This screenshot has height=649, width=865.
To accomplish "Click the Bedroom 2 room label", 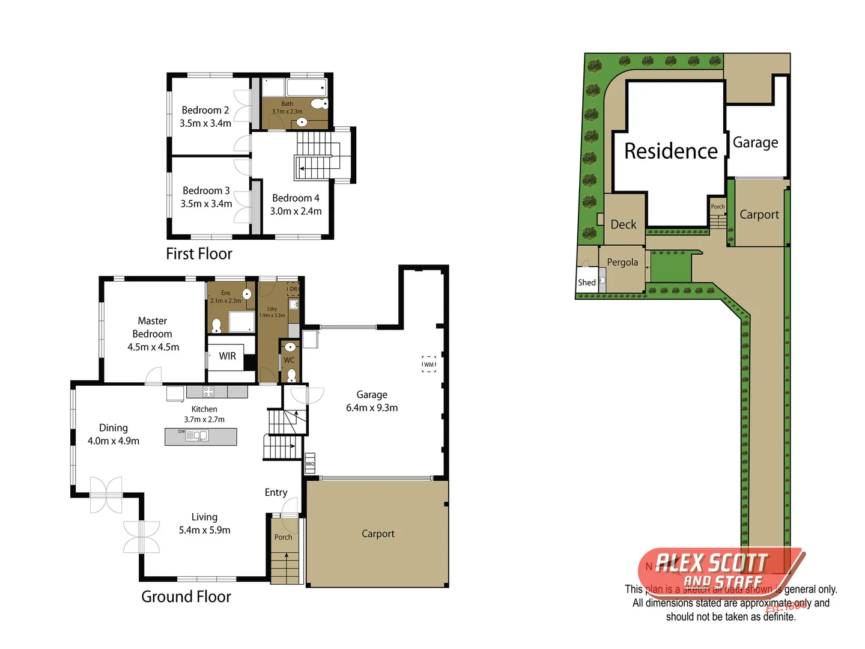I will click(205, 110).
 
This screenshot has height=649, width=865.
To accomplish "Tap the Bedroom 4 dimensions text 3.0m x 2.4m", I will click(296, 211).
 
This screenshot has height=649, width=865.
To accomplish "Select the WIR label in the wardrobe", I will click(227, 356).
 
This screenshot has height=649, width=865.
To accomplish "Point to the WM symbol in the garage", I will click(428, 364).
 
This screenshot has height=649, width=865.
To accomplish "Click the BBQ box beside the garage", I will click(310, 463).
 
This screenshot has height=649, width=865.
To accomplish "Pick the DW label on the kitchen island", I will click(181, 431).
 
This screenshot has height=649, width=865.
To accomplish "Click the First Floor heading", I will click(199, 254).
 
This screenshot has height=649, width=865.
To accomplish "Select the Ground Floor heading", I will click(186, 596).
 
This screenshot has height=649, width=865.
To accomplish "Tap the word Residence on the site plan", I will click(670, 151).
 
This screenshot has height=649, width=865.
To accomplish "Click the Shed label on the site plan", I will click(587, 282).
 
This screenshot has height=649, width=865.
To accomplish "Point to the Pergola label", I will click(622, 262).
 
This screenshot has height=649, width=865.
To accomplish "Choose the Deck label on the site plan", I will click(623, 224).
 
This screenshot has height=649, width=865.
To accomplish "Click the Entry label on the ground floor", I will click(276, 492).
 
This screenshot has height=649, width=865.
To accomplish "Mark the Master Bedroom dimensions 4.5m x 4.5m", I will click(153, 347).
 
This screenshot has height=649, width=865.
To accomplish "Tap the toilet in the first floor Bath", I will click(320, 103).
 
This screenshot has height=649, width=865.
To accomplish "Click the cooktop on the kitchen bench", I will click(208, 392).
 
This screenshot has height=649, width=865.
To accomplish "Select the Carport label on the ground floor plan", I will click(378, 534).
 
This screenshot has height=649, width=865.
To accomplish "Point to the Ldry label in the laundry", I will click(272, 309).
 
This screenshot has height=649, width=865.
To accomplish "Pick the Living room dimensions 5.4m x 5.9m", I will click(204, 530).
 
